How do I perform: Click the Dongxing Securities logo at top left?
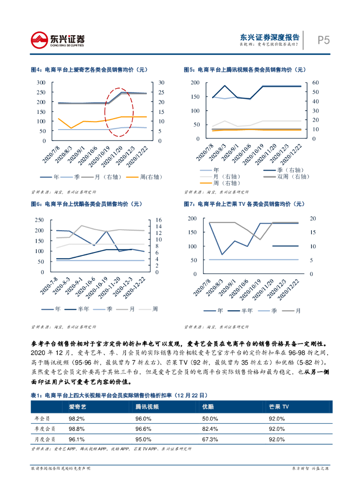coord(58,40)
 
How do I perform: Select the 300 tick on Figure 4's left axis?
coord(41,82)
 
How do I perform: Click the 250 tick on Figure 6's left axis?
coord(39,220)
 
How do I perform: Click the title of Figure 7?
coord(244,204)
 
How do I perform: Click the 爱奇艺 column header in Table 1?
coord(77,407)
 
